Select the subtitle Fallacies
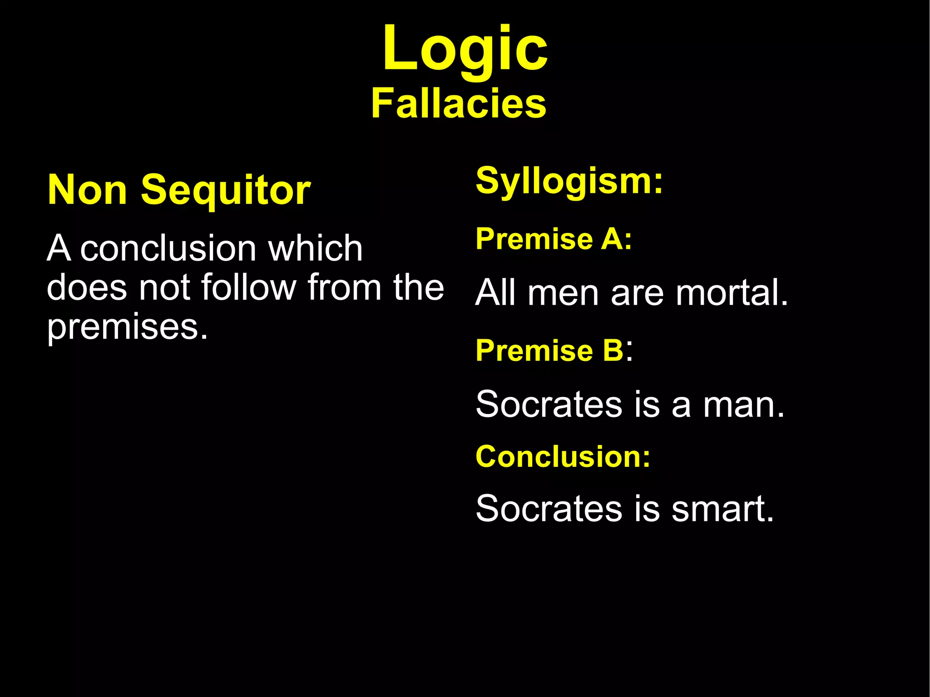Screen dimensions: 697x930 (459, 104)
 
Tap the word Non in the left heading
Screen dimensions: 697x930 (87, 190)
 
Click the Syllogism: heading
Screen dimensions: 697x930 (569, 181)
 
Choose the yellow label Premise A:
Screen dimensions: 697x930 (554, 239)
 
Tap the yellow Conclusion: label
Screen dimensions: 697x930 (563, 456)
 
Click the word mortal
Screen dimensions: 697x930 (732, 293)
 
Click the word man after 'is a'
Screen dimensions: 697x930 (743, 405)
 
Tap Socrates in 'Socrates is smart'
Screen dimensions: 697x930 (549, 509)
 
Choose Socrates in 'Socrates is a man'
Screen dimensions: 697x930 (549, 405)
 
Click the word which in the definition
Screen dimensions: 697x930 (315, 248)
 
